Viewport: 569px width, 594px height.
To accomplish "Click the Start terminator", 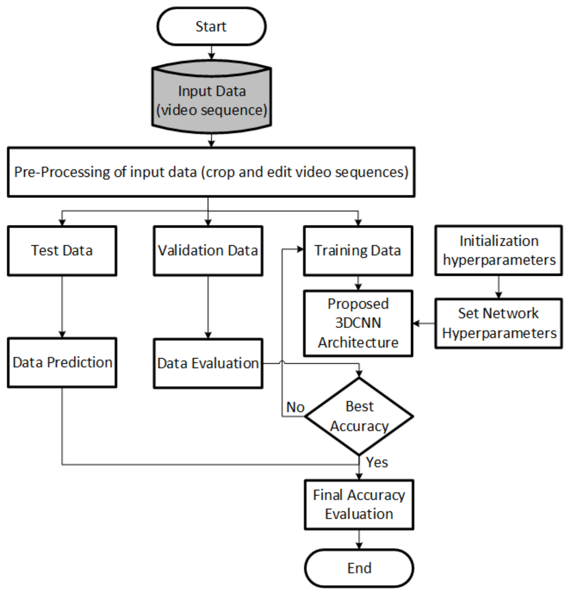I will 211,27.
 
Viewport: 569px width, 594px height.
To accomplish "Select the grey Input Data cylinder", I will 211,100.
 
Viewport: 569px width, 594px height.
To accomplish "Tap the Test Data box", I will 62,251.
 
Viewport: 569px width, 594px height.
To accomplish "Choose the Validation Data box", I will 208,251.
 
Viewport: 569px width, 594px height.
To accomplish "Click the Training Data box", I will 358,251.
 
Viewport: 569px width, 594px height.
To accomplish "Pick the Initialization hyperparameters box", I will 498,251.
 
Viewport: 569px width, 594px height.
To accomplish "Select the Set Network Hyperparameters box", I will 498,323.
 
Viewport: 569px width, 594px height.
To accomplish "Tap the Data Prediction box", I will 62,362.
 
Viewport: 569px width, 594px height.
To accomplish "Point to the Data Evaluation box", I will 208,363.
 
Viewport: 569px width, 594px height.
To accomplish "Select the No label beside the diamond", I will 295,407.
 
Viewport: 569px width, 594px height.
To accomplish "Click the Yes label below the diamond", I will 377,462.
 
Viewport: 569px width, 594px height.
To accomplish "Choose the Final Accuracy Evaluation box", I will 359,505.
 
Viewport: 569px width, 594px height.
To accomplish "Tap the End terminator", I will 359,568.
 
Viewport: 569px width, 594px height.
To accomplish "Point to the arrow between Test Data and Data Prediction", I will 62,306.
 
